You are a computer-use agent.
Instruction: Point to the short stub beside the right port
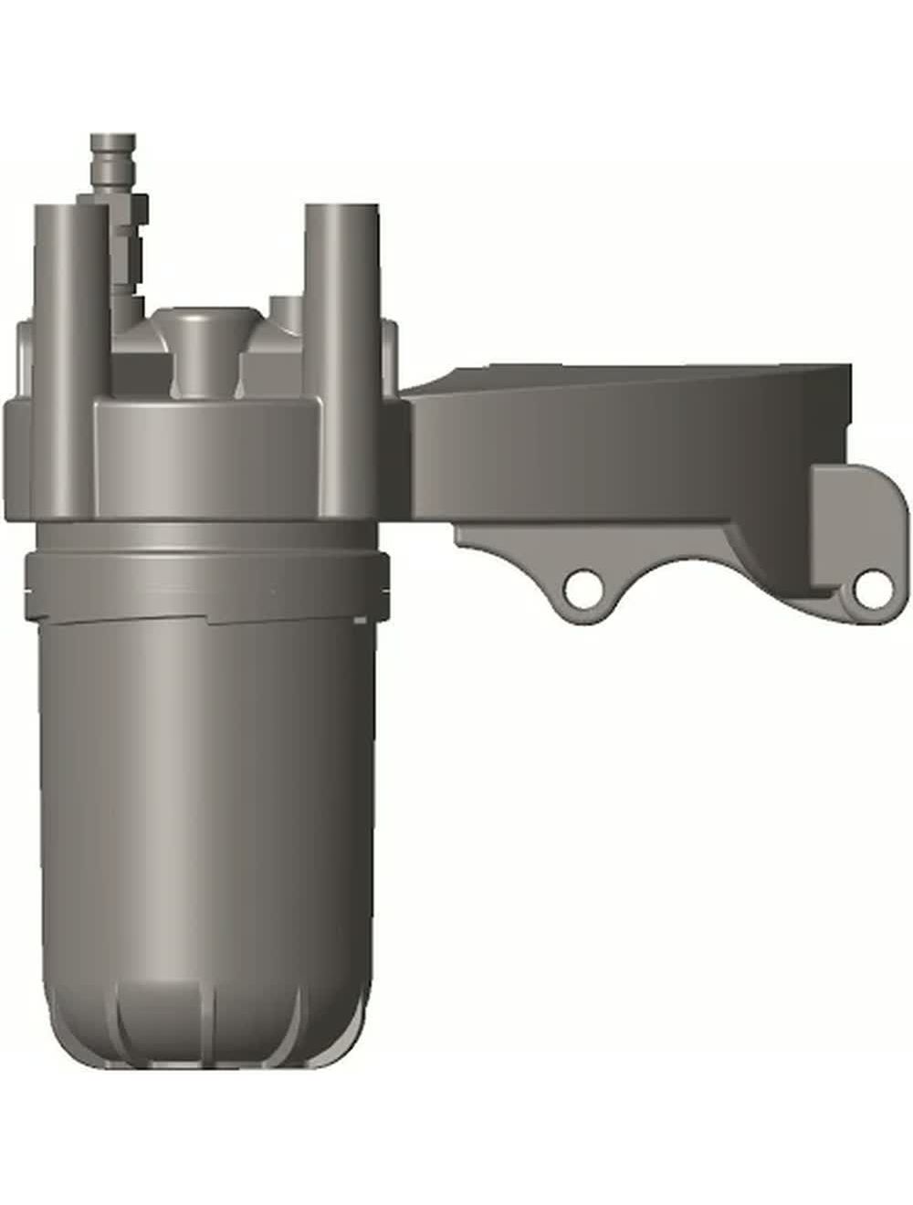(286, 310)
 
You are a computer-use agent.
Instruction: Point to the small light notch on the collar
(362, 621)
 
